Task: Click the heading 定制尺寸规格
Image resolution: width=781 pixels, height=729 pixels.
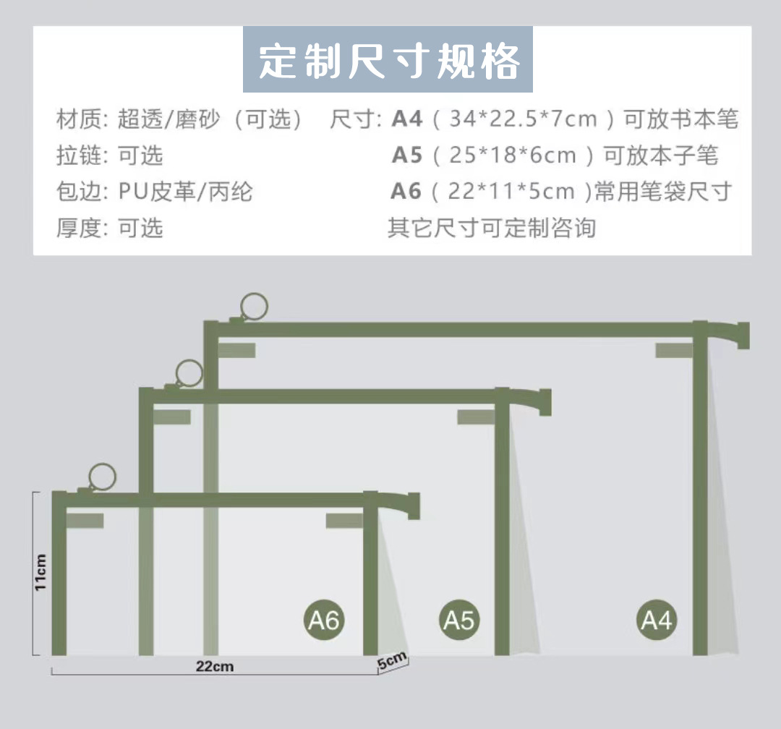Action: click(388, 61)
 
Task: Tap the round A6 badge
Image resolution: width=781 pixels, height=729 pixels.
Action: click(323, 620)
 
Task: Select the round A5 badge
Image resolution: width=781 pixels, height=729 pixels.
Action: click(458, 620)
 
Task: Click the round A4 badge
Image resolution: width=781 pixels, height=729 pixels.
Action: click(657, 620)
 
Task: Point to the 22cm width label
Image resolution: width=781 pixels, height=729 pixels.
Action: click(214, 666)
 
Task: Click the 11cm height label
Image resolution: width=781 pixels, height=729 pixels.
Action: click(40, 573)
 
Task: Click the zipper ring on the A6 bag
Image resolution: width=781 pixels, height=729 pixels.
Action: click(102, 477)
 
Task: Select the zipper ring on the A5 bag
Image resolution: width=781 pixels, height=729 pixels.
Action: click(189, 372)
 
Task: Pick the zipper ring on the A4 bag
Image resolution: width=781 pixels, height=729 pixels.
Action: click(254, 306)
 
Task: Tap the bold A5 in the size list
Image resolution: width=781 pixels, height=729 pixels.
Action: click(406, 155)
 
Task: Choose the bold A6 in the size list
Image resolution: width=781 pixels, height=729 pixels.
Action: click(406, 191)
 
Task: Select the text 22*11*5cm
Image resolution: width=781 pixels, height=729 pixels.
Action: click(511, 191)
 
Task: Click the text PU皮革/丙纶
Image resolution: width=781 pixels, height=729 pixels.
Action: click(186, 191)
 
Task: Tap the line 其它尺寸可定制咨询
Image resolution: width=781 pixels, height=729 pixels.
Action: click(492, 228)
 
